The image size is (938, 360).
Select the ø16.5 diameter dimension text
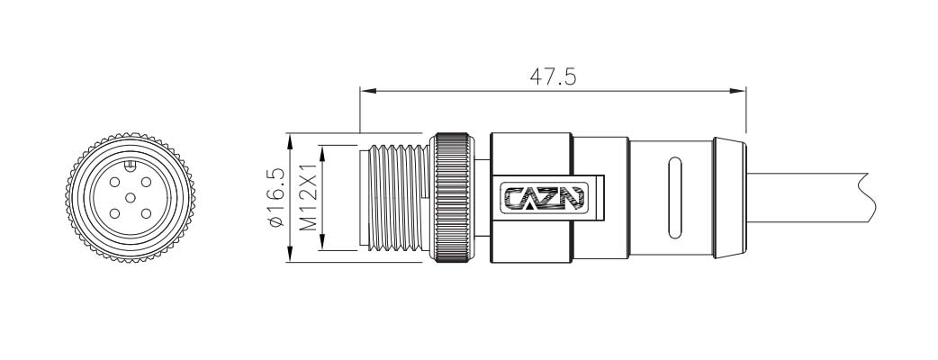[276, 198]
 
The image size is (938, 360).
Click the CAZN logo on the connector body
[543, 197]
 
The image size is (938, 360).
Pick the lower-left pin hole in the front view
[113, 213]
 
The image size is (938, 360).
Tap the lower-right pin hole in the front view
[148, 213]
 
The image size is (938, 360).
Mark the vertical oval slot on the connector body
[672, 198]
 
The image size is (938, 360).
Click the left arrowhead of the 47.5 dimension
[365, 90]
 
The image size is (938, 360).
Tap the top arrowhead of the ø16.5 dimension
[290, 139]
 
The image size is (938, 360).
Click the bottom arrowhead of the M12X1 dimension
[322, 246]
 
